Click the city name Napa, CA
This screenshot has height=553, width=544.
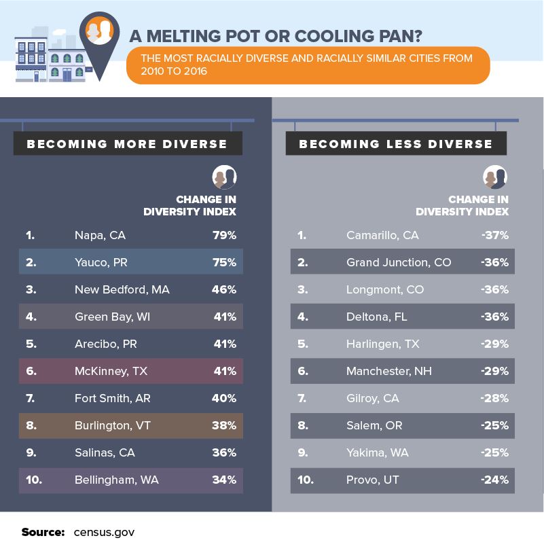pyautogui.click(x=100, y=236)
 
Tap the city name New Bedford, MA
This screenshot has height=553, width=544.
pyautogui.click(x=122, y=290)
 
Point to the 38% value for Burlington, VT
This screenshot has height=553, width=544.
pyautogui.click(x=224, y=426)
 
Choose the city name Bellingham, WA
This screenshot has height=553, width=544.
pyautogui.click(x=116, y=480)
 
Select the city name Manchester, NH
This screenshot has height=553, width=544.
pyautogui.click(x=388, y=372)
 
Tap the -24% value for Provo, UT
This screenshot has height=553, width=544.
pyautogui.click(x=494, y=480)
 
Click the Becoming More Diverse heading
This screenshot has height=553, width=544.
pyautogui.click(x=127, y=144)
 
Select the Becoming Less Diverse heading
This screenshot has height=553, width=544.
pyautogui.click(x=396, y=144)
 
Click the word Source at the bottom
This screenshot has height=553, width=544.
pyautogui.click(x=43, y=532)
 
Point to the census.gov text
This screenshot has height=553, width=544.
pyautogui.click(x=104, y=532)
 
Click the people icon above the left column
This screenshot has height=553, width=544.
pyautogui.click(x=224, y=177)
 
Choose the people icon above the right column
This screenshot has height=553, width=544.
pyautogui.click(x=495, y=177)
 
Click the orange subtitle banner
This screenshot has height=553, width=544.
pyautogui.click(x=308, y=65)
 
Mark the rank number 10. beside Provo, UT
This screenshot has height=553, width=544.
pyautogui.click(x=306, y=480)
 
